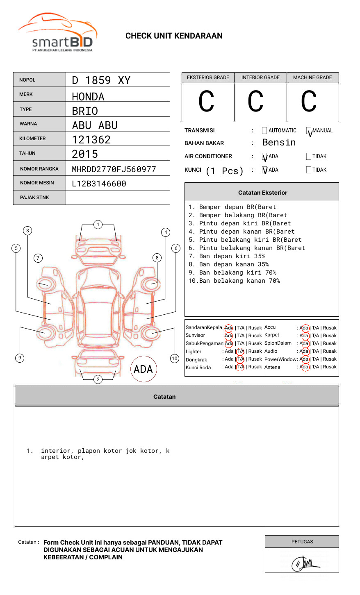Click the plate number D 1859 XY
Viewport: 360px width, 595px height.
click(101, 80)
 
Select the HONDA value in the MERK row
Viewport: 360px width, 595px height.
click(88, 97)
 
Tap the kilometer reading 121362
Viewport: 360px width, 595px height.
click(91, 140)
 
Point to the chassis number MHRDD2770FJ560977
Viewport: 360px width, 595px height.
click(114, 169)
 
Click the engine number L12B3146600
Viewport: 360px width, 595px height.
click(99, 184)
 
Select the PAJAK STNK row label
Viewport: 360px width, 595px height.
click(34, 198)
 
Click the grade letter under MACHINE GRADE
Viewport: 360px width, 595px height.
click(309, 102)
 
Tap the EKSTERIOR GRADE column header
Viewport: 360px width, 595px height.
click(208, 77)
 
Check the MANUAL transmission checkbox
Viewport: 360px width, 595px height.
click(309, 131)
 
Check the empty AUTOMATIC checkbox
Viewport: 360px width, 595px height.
click(264, 131)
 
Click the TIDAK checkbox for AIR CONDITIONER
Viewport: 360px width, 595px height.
click(309, 156)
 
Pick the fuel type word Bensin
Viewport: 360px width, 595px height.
click(279, 143)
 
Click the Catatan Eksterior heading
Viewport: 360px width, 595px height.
click(262, 193)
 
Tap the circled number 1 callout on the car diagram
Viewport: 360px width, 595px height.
click(98, 224)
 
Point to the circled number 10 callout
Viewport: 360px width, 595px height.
click(175, 359)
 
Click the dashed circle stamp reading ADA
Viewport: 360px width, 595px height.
click(144, 369)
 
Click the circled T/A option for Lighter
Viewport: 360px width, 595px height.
click(240, 351)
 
